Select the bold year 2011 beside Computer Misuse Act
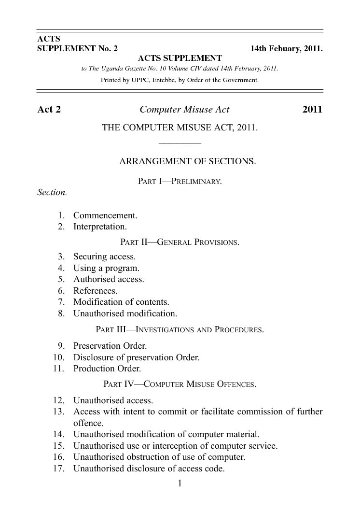pyautogui.click(x=312, y=110)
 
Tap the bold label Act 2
pyautogui.click(x=49, y=110)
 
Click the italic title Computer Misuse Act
pyautogui.click(x=184, y=110)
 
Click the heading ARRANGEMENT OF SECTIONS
pyautogui.click(x=187, y=162)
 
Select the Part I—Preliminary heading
pyautogui.click(x=180, y=182)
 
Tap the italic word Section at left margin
pyautogui.click(x=52, y=192)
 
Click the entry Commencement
pyautogui.click(x=105, y=215)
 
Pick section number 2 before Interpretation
pyautogui.click(x=61, y=227)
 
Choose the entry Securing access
pyautogui.click(x=104, y=256)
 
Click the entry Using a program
pyautogui.click(x=106, y=268)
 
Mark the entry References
pyautogui.click(x=95, y=291)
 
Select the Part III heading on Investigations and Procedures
pyautogui.click(x=180, y=330)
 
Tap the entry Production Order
pyautogui.click(x=107, y=369)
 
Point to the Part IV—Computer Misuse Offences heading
pyautogui.click(x=180, y=385)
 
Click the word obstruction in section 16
pyautogui.click(x=152, y=456)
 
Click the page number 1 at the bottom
pyautogui.click(x=180, y=483)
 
